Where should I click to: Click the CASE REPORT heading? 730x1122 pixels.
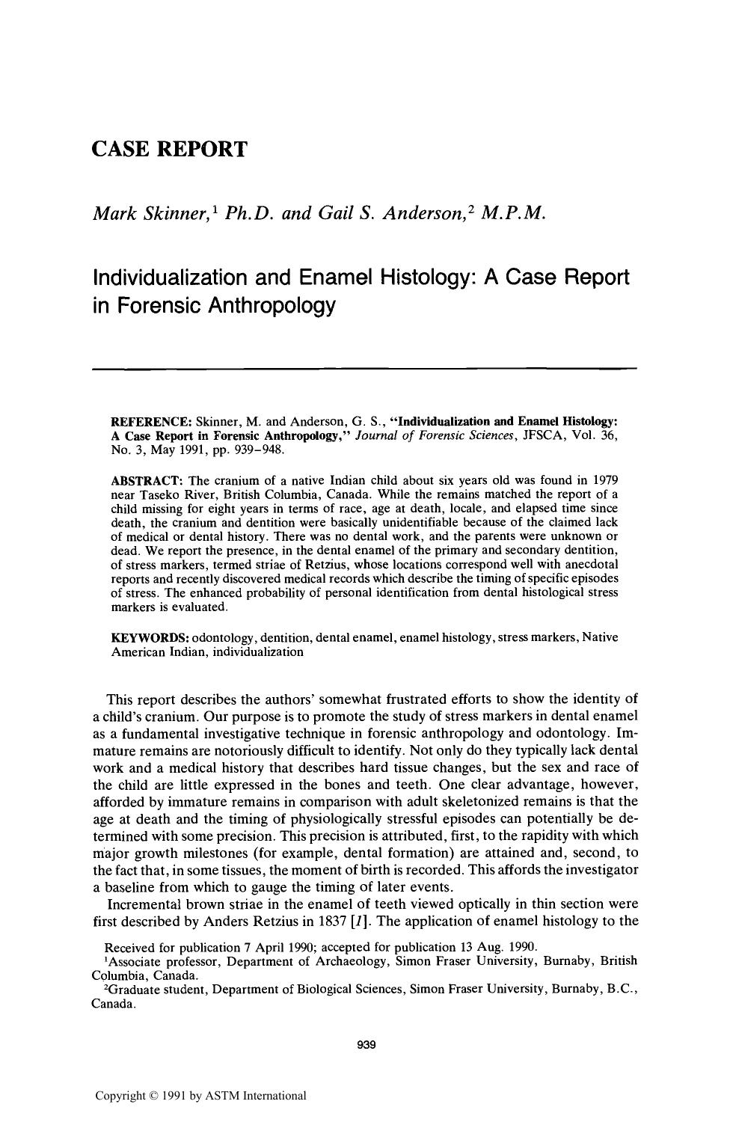(168, 149)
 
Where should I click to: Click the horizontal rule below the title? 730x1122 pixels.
(364, 369)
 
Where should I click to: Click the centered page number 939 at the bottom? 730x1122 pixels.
(365, 1045)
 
